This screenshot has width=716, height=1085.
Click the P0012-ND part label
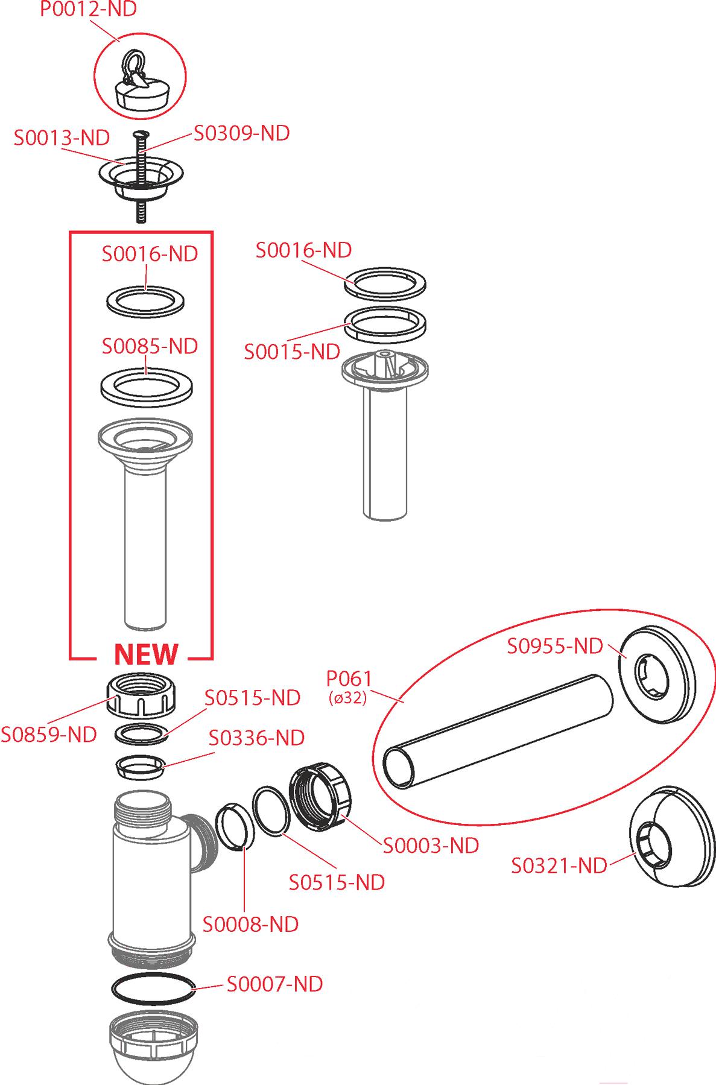click(x=89, y=9)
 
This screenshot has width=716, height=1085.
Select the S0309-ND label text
click(x=241, y=133)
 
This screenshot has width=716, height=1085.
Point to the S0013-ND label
click(x=62, y=138)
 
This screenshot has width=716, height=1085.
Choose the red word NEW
click(x=146, y=654)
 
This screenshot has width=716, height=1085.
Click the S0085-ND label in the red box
click(x=150, y=346)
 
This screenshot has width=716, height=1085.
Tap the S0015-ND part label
click(x=292, y=352)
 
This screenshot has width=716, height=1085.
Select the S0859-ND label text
click(x=49, y=735)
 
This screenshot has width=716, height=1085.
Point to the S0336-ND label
click(x=256, y=738)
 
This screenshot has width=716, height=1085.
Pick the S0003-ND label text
click(x=431, y=846)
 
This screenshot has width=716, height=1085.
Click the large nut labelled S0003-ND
click(x=321, y=797)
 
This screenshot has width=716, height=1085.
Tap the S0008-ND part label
click(x=250, y=924)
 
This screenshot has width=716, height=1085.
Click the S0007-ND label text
click(x=274, y=984)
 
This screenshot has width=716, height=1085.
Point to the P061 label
click(x=349, y=679)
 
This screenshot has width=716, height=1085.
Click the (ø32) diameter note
click(x=348, y=699)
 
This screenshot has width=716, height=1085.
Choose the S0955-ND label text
click(x=554, y=646)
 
